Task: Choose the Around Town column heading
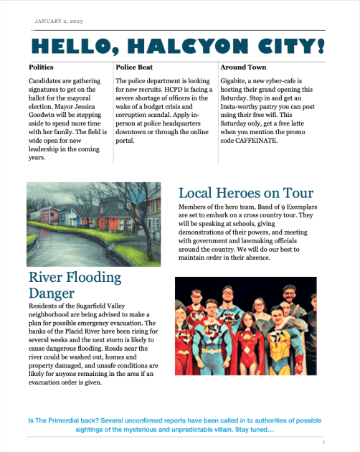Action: click(x=242, y=67)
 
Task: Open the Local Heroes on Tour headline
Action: click(x=245, y=193)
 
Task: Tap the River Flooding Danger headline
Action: click(x=75, y=286)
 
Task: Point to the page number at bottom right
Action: click(x=324, y=443)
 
